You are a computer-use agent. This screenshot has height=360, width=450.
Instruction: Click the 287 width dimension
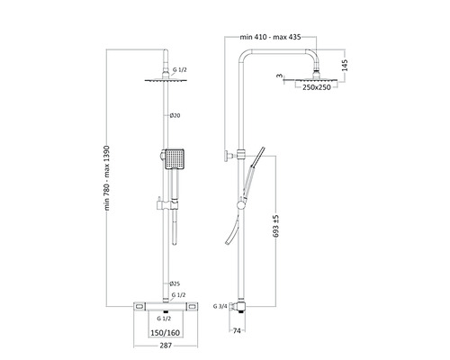coord(166,346)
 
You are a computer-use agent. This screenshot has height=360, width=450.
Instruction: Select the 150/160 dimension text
coord(166,333)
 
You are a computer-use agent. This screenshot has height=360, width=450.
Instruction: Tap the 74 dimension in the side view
coord(237,330)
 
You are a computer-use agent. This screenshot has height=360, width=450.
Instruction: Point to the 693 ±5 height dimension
coord(276,226)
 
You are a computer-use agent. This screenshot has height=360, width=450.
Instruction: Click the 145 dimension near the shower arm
coord(345,66)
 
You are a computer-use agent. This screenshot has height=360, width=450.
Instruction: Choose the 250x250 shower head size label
coord(317,87)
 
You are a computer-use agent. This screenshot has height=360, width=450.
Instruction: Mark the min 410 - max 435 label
coord(270,37)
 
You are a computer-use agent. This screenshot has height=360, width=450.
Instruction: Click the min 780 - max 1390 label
coord(107,178)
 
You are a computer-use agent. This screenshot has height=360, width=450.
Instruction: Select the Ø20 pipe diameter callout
coord(175,115)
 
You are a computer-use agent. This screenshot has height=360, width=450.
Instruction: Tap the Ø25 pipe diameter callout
coord(175,283)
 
